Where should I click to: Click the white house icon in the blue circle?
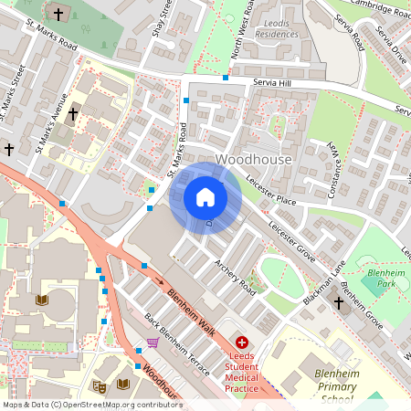(x=205, y=197)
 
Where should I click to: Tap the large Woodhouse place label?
(x=254, y=160)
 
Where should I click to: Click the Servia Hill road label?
(x=273, y=83)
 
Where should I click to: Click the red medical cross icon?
(x=241, y=342)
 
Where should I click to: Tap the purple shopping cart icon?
(x=153, y=342)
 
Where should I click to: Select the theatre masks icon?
(x=99, y=386)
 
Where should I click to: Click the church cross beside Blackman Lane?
(x=338, y=302)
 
